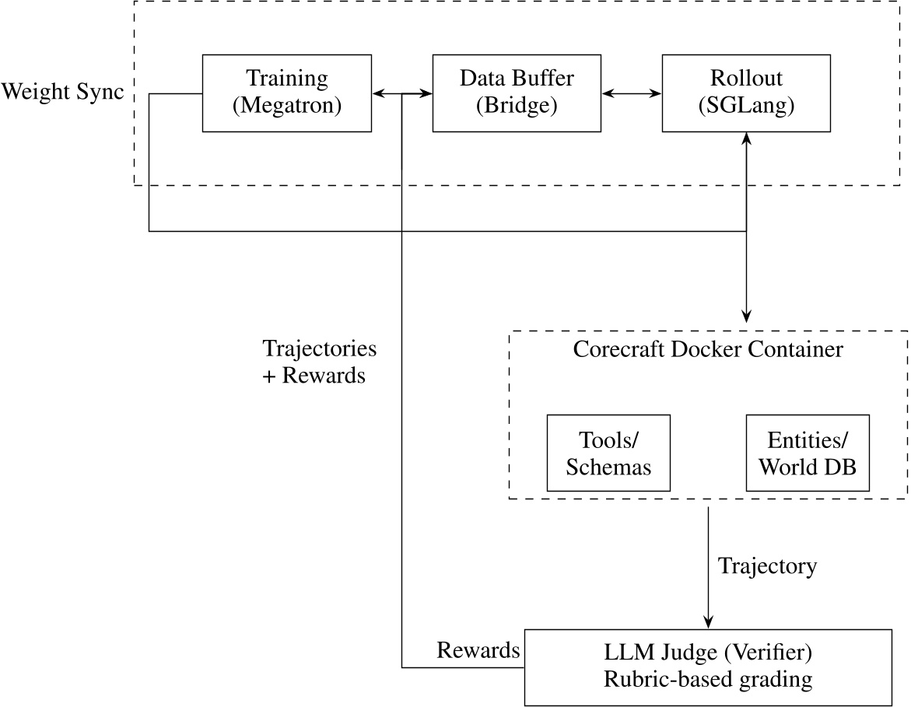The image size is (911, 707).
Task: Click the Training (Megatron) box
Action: pyautogui.click(x=287, y=93)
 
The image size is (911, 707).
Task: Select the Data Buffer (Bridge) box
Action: pyautogui.click(x=517, y=93)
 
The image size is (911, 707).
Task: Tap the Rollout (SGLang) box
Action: pyautogui.click(x=747, y=93)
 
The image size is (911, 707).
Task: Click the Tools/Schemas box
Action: pyautogui.click(x=608, y=453)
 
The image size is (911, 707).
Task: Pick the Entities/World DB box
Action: pyautogui.click(x=807, y=453)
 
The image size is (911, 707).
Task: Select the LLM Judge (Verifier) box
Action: pyautogui.click(x=708, y=667)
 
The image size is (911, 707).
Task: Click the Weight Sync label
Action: pyautogui.click(x=62, y=93)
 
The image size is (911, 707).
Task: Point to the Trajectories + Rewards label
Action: pyautogui.click(x=320, y=362)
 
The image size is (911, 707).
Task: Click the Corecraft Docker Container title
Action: pyautogui.click(x=708, y=349)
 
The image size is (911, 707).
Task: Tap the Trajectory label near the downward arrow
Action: pyautogui.click(x=767, y=566)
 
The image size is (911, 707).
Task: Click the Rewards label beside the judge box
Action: pyautogui.click(x=478, y=650)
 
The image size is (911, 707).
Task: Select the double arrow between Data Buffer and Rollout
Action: pyautogui.click(x=632, y=93)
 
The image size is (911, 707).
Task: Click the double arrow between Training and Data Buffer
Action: pyautogui.click(x=402, y=93)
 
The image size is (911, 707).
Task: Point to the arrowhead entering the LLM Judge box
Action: pyautogui.click(x=708, y=622)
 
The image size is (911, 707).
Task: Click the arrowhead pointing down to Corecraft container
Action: pyautogui.click(x=747, y=316)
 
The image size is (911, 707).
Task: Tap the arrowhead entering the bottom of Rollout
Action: pyautogui.click(x=747, y=138)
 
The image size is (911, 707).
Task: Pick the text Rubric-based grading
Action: pyautogui.click(x=708, y=681)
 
